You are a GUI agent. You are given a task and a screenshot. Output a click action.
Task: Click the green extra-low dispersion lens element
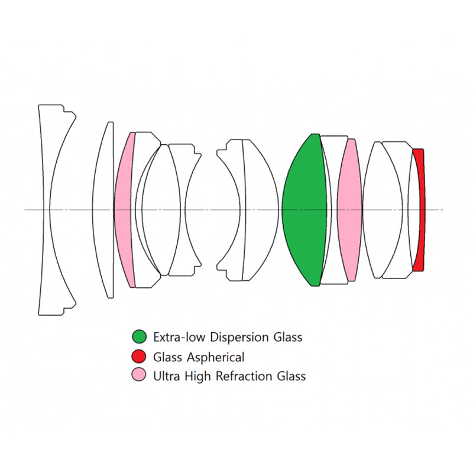(304, 210)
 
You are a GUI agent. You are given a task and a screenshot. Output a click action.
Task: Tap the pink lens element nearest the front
(123, 210)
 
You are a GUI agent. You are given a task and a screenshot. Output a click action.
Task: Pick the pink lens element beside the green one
(349, 210)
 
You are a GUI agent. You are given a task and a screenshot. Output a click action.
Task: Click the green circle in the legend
(139, 336)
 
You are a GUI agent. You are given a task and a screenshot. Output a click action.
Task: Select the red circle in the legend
(139, 357)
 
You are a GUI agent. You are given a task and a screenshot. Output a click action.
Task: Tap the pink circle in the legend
(139, 375)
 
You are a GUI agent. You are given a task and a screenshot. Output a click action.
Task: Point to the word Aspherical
(215, 358)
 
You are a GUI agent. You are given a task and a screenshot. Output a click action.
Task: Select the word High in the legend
(197, 377)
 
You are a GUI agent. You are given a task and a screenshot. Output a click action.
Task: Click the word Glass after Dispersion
(288, 337)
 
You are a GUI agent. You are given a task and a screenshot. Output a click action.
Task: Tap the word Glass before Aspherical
(168, 357)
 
